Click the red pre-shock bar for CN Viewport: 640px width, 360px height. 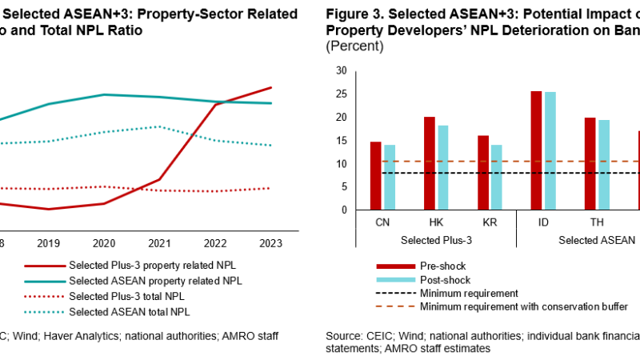[375, 176]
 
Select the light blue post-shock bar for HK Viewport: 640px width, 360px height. [442, 168]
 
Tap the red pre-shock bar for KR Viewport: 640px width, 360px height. [482, 173]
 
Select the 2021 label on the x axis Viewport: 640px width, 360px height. [160, 242]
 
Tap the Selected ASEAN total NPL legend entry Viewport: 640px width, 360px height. [132, 311]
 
